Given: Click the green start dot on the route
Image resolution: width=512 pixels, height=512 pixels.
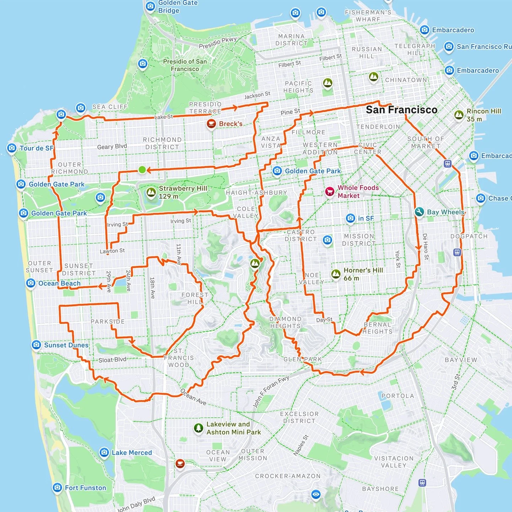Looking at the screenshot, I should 142,170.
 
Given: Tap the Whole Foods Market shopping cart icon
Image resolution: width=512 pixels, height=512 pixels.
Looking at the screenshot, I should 330,192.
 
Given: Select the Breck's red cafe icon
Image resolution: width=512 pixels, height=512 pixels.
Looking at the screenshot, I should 212,124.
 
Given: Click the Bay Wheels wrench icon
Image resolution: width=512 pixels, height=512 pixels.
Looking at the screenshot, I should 419,212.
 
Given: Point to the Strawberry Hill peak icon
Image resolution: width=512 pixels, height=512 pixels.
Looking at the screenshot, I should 151,192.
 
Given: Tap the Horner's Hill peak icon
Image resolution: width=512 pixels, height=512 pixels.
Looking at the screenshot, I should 336,274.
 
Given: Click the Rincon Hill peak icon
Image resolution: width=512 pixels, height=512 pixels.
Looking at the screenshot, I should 459,115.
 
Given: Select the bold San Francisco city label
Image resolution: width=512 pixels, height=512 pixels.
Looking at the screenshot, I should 401,110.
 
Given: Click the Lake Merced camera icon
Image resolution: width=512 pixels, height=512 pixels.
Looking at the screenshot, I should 104,452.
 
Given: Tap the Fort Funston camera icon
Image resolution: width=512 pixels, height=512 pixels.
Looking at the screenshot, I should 57,487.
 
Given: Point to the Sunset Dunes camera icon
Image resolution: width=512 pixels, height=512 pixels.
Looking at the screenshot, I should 36,345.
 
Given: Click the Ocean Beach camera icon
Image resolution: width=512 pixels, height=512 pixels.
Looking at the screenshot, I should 31,283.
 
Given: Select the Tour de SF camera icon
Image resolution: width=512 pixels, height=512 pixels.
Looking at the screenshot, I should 12,148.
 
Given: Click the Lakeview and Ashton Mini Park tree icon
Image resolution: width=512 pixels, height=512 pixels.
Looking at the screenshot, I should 198,428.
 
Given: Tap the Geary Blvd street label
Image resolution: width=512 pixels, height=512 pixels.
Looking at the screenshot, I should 112,146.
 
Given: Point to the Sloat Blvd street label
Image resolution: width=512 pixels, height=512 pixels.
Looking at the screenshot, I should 112,360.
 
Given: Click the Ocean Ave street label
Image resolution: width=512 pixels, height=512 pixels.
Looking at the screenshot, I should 193,397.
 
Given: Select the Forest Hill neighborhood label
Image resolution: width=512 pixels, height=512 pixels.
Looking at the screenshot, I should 194,298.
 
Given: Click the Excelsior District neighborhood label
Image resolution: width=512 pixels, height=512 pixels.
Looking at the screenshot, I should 299,417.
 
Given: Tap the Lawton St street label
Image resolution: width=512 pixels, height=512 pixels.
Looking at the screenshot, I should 112,251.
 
